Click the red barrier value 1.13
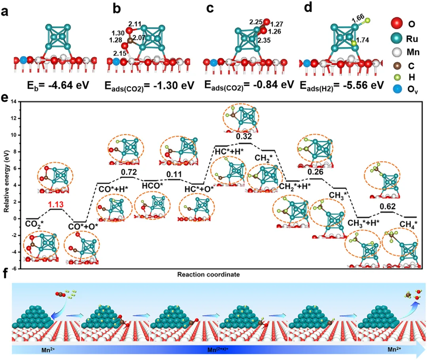coord(55,205)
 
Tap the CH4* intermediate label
coord(406,224)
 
